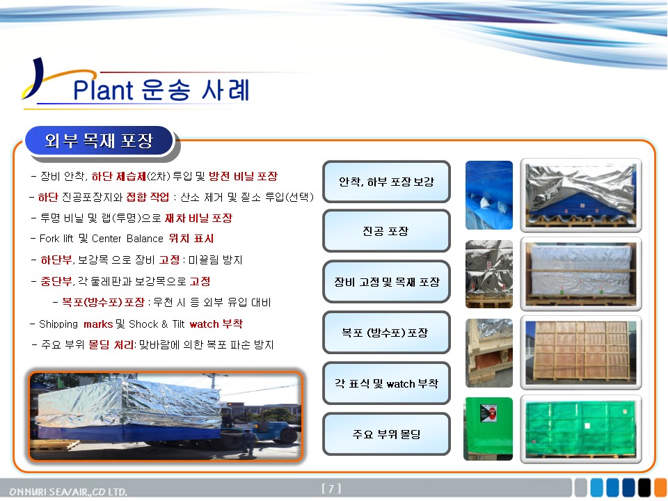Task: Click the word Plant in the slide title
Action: [103, 90]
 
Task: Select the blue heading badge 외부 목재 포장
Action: [100, 140]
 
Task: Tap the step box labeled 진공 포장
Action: [386, 231]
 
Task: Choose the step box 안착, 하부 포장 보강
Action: [386, 182]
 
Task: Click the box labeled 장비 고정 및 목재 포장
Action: [386, 282]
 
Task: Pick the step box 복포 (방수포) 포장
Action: [386, 333]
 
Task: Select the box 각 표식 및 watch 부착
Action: [386, 383]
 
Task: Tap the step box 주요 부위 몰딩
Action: [386, 434]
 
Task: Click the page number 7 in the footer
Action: [331, 488]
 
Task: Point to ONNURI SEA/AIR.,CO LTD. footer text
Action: [68, 492]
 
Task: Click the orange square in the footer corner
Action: [661, 488]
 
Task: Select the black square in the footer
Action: [644, 488]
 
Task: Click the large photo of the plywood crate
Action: [580, 352]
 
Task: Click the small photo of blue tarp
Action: [489, 195]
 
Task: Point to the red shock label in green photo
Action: [488, 413]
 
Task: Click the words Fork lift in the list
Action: [56, 239]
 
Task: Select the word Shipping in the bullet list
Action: [58, 324]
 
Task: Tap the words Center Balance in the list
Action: [127, 239]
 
